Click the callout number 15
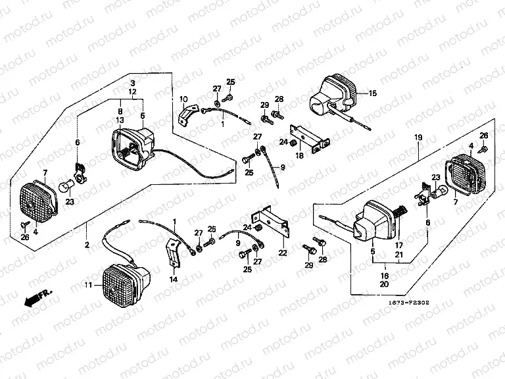372,93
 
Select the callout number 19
418,138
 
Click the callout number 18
299,155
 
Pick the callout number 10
183,99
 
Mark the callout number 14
174,280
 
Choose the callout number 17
398,245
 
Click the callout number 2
86,245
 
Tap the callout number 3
132,83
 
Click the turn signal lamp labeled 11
125,280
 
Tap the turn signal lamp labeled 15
333,95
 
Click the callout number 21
398,254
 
